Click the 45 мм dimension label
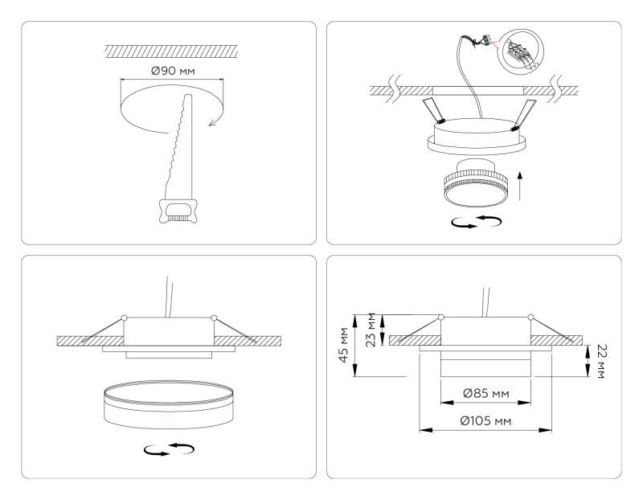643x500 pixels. (345, 345)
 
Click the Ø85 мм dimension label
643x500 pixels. (485, 394)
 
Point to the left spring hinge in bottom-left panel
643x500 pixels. (124, 318)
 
